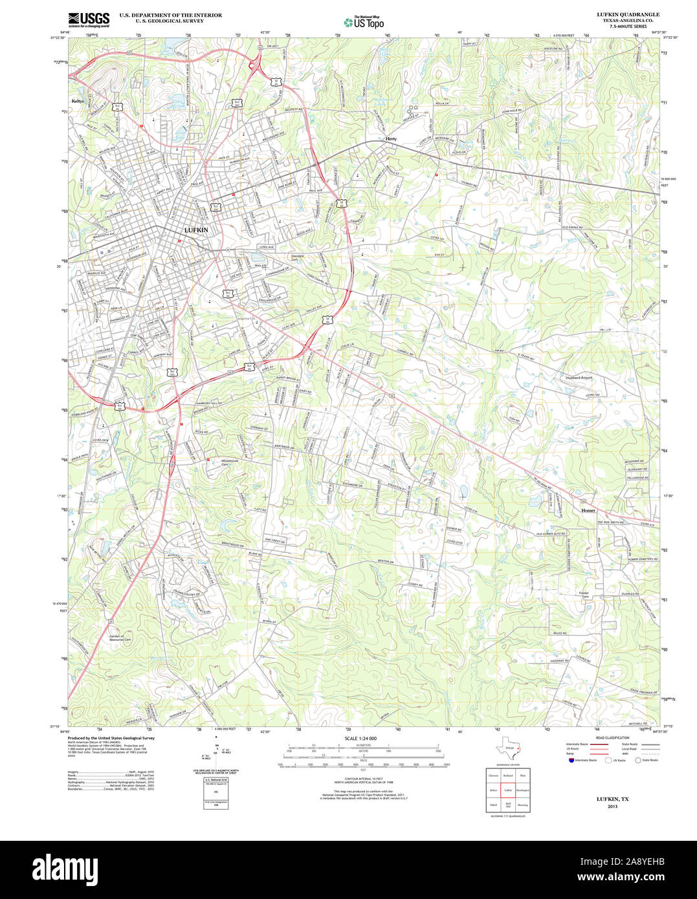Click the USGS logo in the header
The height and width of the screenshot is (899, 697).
pyautogui.click(x=89, y=19)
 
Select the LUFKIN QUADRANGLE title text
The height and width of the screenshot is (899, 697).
pyautogui.click(x=619, y=14)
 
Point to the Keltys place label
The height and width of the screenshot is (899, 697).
pyautogui.click(x=78, y=101)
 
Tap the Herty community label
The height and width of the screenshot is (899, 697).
pyautogui.click(x=391, y=139)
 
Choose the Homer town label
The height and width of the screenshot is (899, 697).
pyautogui.click(x=588, y=510)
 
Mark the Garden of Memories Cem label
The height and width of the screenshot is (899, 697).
pyautogui.click(x=120, y=638)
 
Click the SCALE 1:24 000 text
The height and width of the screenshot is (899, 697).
pyautogui.click(x=360, y=739)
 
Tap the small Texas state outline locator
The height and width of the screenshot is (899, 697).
pyautogui.click(x=507, y=750)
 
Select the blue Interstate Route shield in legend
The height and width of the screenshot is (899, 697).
pyautogui.click(x=570, y=760)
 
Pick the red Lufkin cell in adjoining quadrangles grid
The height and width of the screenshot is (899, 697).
pyautogui.click(x=508, y=790)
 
